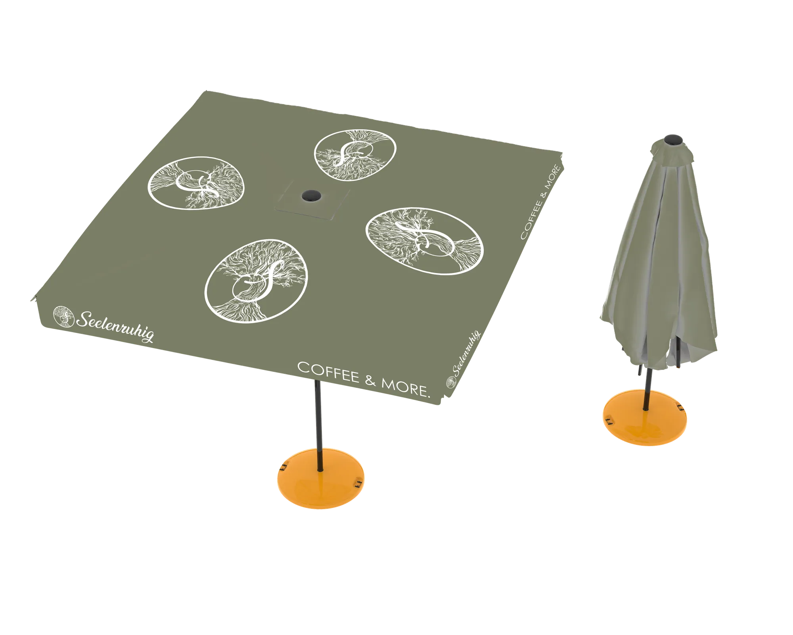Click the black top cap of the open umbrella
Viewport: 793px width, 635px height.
pos(311,195)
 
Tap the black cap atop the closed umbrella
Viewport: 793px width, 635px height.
pos(673,140)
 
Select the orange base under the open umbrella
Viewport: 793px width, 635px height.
pos(320,478)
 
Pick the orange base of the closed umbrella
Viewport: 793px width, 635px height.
pos(645,418)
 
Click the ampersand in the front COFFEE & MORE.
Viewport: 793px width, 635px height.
pos(370,381)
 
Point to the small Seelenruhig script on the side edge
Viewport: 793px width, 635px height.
pos(467,353)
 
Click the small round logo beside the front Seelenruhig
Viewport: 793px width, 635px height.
pos(63,316)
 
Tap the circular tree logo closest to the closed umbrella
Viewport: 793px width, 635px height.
pos(424,241)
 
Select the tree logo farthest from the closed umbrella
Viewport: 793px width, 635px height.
pos(196,183)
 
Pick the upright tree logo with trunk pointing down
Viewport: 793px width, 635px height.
pos(256,281)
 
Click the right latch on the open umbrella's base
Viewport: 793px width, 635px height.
pos(359,483)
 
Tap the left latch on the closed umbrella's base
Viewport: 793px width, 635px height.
pos(609,421)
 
